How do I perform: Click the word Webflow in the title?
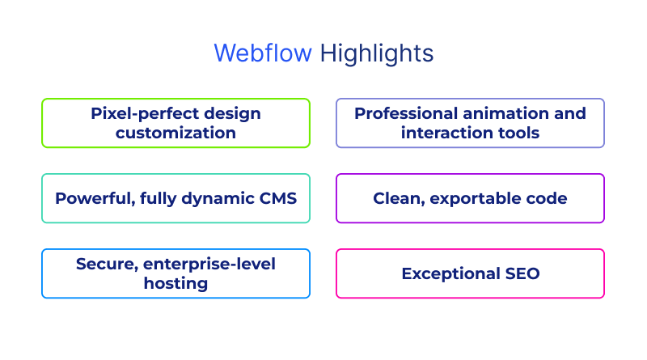(263, 53)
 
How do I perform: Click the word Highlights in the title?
(377, 53)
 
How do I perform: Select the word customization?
(175, 133)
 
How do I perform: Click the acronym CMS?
(277, 198)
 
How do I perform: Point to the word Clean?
(397, 198)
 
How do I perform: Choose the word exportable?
(475, 198)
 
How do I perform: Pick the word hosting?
(175, 283)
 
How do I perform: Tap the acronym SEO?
(524, 274)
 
